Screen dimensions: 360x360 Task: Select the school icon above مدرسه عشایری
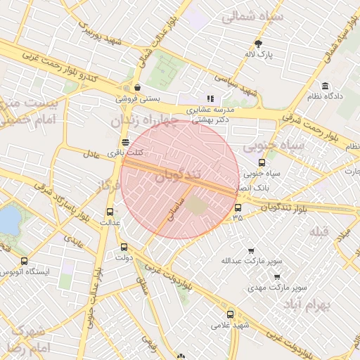point(210,98)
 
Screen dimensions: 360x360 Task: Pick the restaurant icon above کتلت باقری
point(125,142)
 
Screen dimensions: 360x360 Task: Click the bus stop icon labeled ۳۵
point(238,207)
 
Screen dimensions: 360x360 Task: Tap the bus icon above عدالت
point(110,212)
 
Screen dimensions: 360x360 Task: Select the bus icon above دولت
point(124,247)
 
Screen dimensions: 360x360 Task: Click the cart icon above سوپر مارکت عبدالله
point(251,250)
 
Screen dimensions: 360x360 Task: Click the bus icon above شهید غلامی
point(230,314)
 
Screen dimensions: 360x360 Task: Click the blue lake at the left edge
point(8,221)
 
